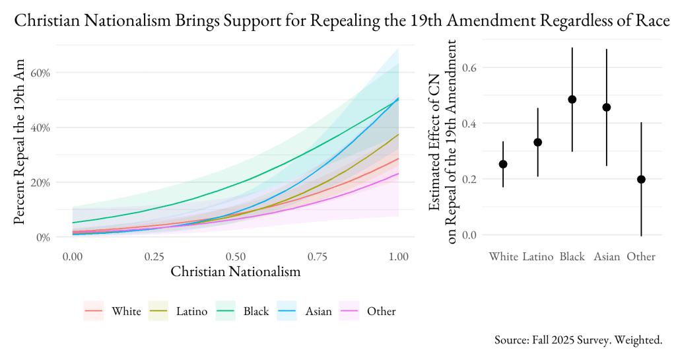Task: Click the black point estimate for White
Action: [503, 164]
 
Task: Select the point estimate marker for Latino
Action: [538, 142]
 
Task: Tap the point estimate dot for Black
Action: [572, 99]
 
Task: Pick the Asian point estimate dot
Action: [607, 107]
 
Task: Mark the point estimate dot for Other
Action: [641, 179]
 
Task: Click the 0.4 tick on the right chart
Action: [469, 123]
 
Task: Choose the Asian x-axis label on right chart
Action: [607, 256]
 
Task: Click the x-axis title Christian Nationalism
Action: [236, 271]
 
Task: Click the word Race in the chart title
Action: [650, 21]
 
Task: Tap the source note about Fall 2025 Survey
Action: [578, 340]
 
